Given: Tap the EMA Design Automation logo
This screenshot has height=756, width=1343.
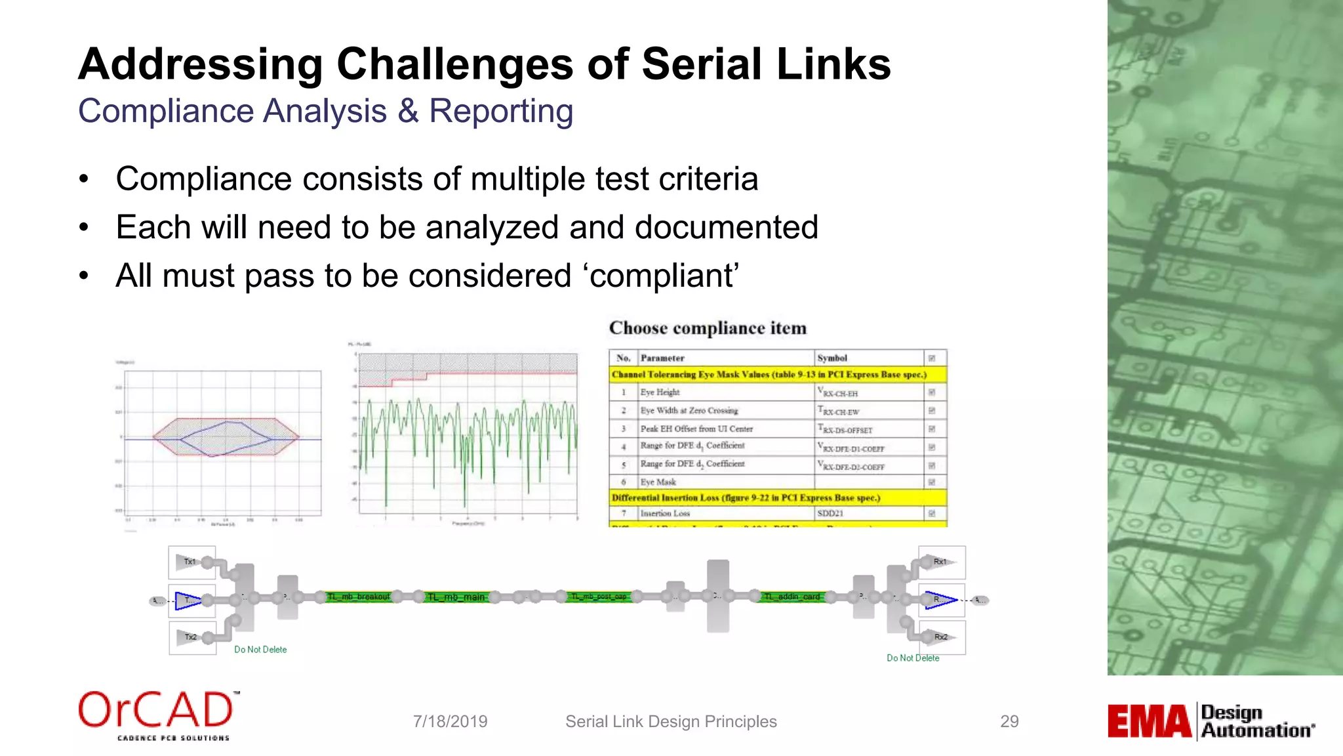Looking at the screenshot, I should (x=1211, y=721).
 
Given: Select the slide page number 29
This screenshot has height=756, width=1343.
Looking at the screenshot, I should (x=1009, y=721).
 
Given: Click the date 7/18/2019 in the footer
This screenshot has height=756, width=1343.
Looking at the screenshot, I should (x=450, y=721).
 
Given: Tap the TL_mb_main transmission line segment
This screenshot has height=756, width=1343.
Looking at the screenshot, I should (x=457, y=597).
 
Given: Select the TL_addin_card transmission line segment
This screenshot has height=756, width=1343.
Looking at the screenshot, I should (x=792, y=597).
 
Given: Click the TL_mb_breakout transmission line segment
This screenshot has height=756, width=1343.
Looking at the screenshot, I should (x=359, y=597).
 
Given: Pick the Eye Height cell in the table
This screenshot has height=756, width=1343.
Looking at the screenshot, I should (x=660, y=392).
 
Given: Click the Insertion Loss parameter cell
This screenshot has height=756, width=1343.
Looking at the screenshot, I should (x=665, y=513).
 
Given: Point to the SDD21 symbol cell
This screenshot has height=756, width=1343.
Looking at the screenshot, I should (x=830, y=513).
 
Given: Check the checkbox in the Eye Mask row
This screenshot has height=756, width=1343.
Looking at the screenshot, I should (x=932, y=482).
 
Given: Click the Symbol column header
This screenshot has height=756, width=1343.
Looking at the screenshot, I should (x=832, y=358).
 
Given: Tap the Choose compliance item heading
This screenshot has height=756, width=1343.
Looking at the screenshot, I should (x=708, y=327).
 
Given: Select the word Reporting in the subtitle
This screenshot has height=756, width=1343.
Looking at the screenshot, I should (x=501, y=111).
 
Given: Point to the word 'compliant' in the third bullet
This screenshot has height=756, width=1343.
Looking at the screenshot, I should (x=662, y=276).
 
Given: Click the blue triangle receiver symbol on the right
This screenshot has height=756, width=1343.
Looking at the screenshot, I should (x=940, y=600).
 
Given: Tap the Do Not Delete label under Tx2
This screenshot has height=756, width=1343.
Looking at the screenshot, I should (x=260, y=650).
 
